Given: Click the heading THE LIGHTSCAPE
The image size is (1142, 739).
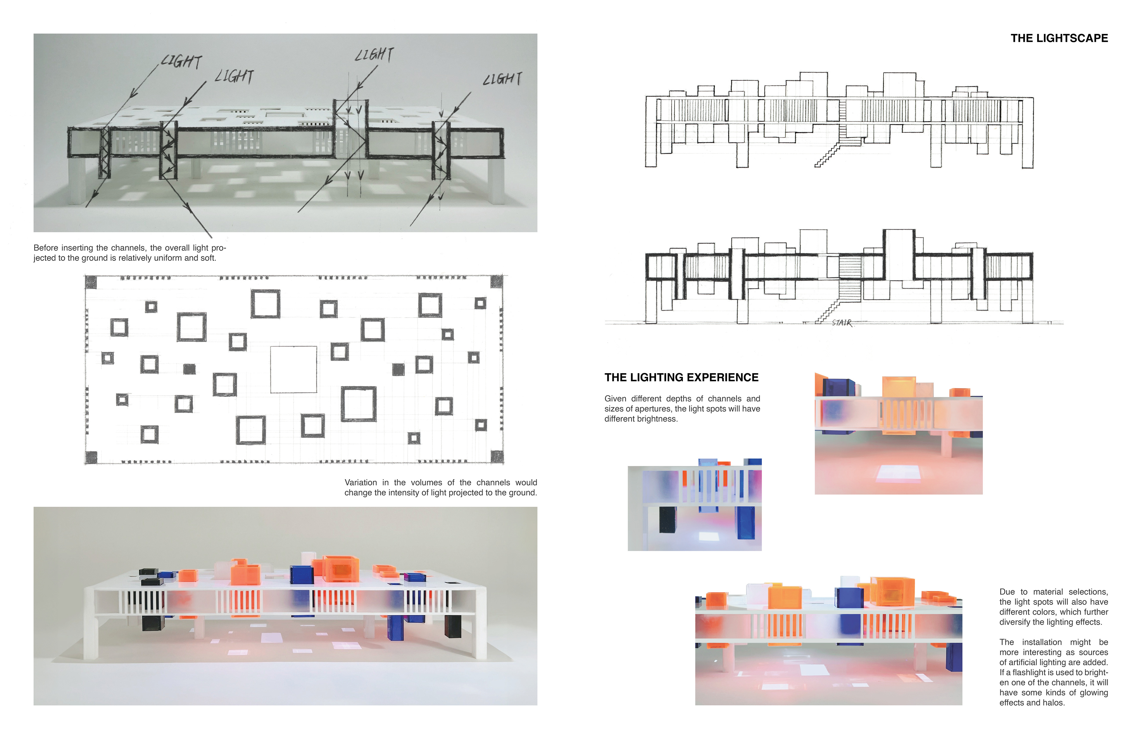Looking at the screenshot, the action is (x=1059, y=38).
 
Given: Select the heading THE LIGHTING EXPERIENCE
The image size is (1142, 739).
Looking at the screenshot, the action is (x=681, y=378).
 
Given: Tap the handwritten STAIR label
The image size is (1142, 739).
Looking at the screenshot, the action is (x=842, y=323).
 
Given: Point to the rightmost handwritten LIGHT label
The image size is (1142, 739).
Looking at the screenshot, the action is (x=502, y=79).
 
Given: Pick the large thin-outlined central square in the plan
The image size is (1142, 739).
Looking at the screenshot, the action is (x=293, y=369).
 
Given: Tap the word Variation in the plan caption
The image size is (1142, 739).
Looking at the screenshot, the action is (x=360, y=483).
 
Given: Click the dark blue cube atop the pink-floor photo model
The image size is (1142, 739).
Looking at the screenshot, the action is (x=838, y=388).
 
